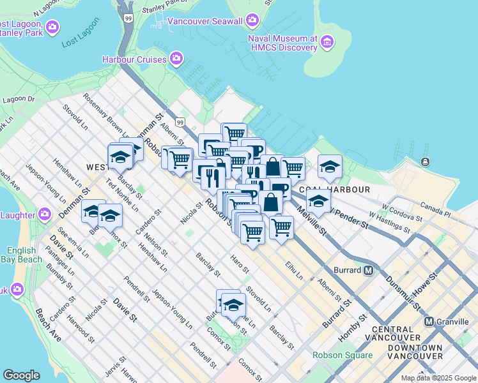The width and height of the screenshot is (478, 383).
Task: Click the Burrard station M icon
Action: (x=369, y=270)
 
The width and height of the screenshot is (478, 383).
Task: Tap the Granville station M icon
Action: (x=429, y=322)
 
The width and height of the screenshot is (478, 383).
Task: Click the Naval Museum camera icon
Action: (x=328, y=43)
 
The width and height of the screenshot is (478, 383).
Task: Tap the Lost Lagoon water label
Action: (x=81, y=40)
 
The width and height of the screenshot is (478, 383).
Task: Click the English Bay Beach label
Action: (x=24, y=255)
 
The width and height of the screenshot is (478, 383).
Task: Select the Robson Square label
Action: (x=342, y=356)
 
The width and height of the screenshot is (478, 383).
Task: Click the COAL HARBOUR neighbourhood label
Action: (x=334, y=190)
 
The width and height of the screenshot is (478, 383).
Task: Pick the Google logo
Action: (x=22, y=375)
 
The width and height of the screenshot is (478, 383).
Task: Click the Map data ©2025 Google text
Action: (x=438, y=378)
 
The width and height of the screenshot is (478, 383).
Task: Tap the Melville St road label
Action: (x=311, y=223)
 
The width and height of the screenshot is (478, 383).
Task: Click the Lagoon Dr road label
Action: (x=18, y=100)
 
